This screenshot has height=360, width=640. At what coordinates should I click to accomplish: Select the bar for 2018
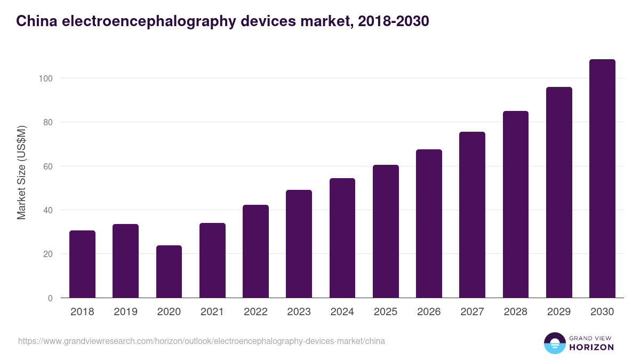pyautogui.click(x=82, y=264)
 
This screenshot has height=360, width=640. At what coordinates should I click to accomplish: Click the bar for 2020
pyautogui.click(x=169, y=271)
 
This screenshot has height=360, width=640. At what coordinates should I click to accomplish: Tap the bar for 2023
pyautogui.click(x=299, y=244)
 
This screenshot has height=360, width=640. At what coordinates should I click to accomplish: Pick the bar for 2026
pyautogui.click(x=429, y=223)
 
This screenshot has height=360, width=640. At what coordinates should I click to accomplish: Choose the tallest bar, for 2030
pyautogui.click(x=602, y=179)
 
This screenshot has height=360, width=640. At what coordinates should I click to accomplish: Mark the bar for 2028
pyautogui.click(x=515, y=204)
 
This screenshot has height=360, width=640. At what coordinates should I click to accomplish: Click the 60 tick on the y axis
pyautogui.click(x=48, y=166)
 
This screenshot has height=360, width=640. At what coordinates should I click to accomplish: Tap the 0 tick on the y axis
pyautogui.click(x=50, y=298)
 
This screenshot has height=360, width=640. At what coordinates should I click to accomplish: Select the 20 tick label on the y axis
pyautogui.click(x=48, y=254)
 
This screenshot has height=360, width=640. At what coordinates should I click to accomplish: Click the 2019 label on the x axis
pyautogui.click(x=125, y=312)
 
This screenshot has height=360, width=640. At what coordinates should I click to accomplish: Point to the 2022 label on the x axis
pyautogui.click(x=255, y=312)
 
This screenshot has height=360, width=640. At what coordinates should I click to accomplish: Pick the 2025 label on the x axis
pyautogui.click(x=386, y=312)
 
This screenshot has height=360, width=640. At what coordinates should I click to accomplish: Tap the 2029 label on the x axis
pyautogui.click(x=559, y=312)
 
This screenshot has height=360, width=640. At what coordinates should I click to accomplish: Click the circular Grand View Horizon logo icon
pyautogui.click(x=554, y=343)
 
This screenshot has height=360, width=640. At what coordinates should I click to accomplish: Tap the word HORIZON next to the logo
pyautogui.click(x=591, y=347)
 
